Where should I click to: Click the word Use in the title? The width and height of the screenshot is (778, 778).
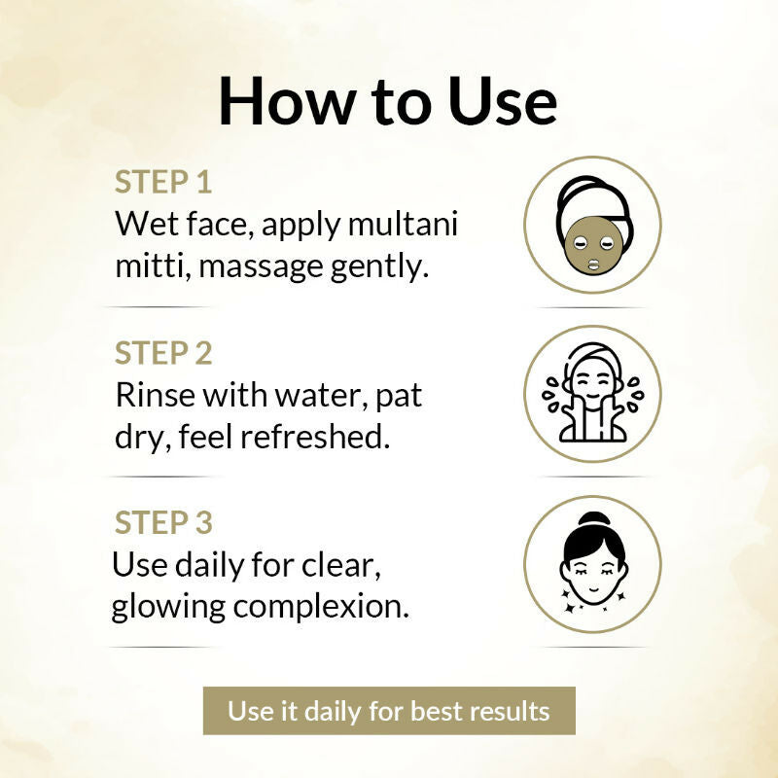tap(502, 103)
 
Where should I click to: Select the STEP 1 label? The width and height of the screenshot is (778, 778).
tap(163, 182)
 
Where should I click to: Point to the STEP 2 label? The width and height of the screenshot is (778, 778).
tap(163, 353)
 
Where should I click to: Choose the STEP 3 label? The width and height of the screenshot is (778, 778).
tap(163, 523)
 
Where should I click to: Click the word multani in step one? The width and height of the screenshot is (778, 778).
tap(403, 224)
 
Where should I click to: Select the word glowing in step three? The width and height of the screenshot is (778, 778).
tap(168, 608)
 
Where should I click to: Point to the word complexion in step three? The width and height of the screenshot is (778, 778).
tap(321, 608)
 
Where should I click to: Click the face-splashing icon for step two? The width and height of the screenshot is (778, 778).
tap(593, 393)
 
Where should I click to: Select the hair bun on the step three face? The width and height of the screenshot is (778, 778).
tap(594, 522)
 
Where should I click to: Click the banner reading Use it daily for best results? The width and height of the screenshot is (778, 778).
tap(389, 711)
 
